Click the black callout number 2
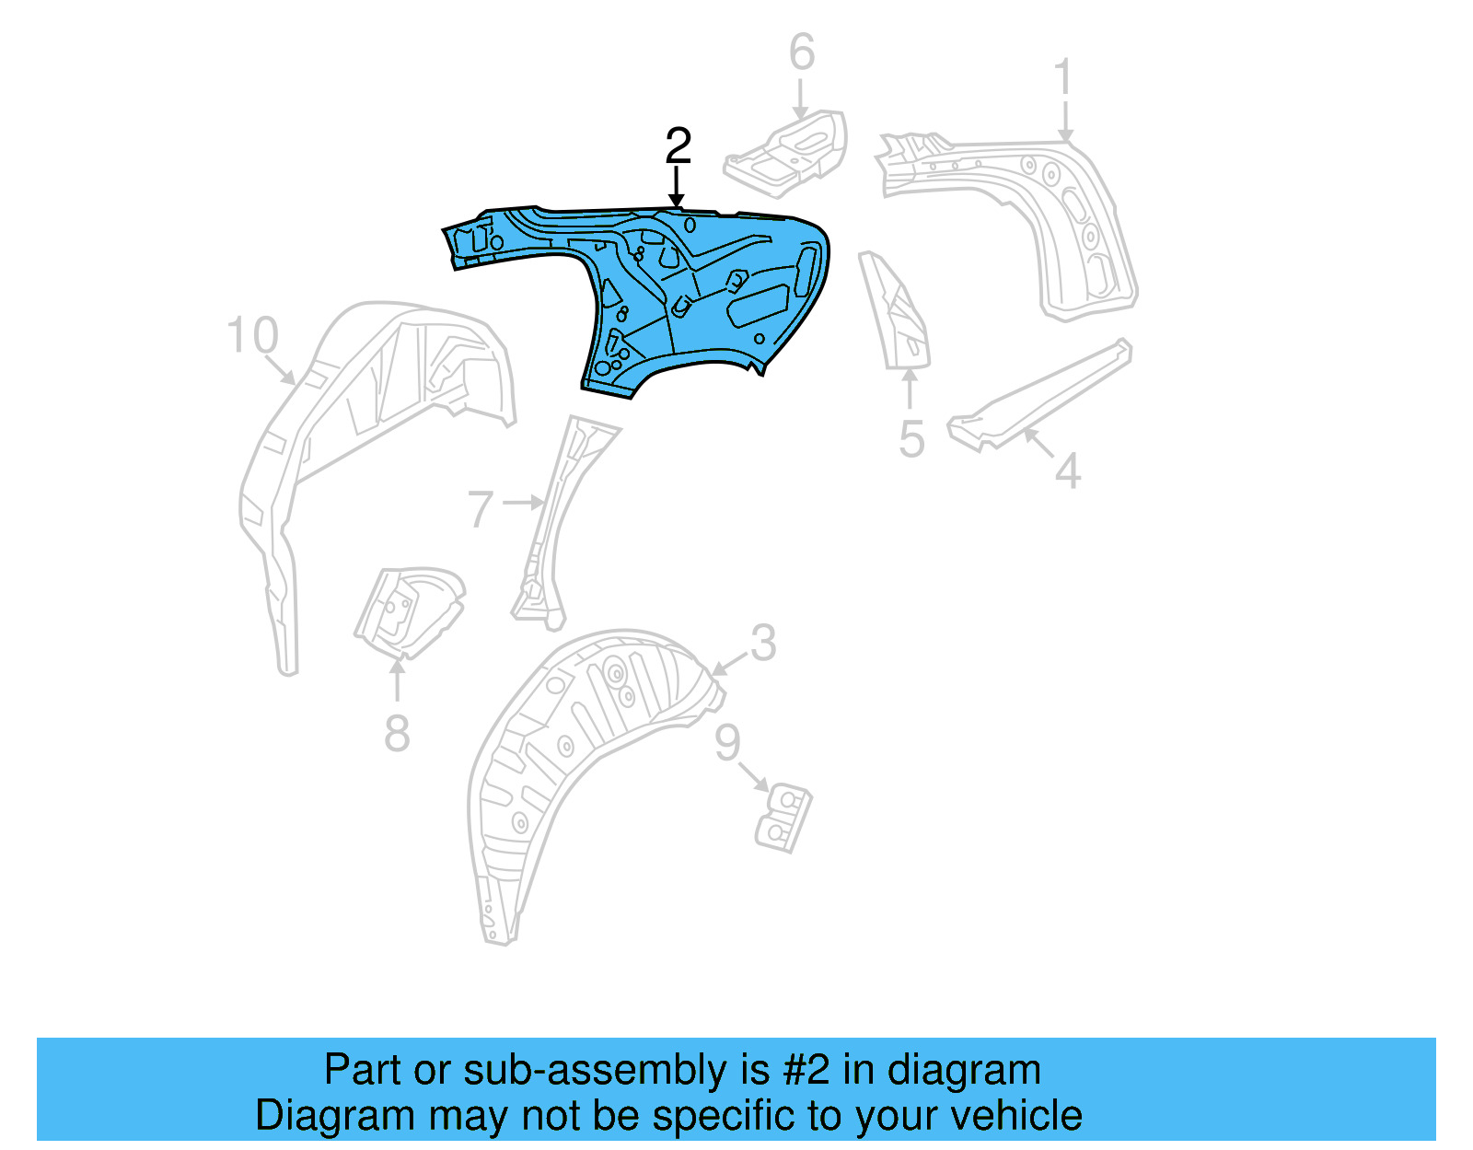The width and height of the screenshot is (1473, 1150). [678, 146]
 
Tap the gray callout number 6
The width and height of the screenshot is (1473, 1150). [802, 52]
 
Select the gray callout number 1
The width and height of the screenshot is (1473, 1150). [1063, 77]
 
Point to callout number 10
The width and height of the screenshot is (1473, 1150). [252, 335]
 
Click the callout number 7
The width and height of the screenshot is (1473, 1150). [481, 509]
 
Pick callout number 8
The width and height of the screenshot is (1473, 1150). [397, 734]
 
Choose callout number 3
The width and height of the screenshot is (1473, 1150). [763, 643]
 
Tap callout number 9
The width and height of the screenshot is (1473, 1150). [727, 742]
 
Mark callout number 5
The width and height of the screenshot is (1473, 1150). [911, 439]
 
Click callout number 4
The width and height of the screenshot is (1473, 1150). [1067, 471]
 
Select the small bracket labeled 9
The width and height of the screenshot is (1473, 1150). [783, 818]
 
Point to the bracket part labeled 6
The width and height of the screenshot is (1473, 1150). [788, 153]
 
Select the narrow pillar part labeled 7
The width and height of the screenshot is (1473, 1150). [557, 516]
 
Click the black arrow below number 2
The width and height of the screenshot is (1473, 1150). [678, 189]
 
